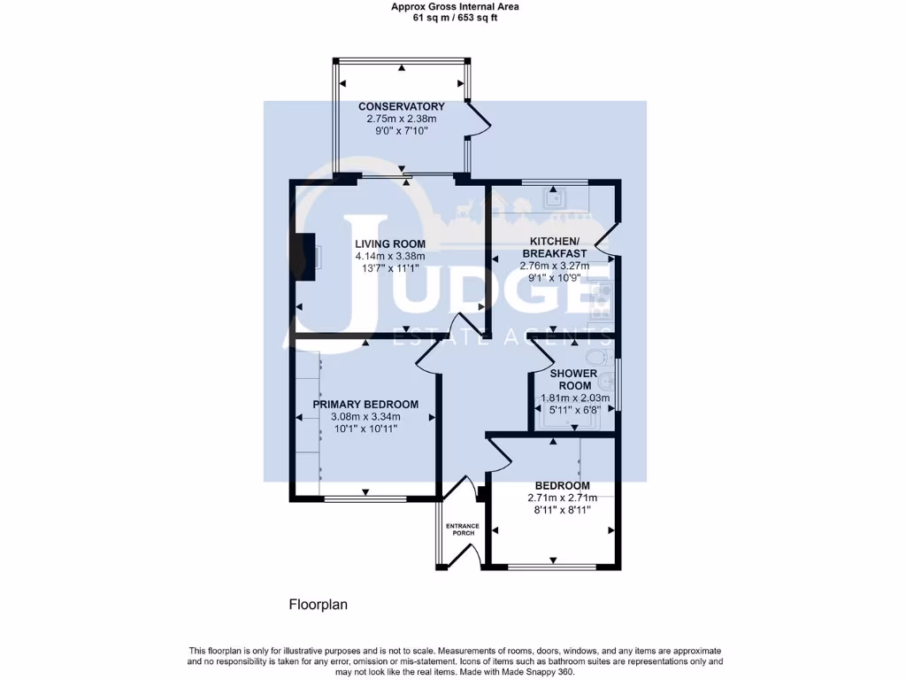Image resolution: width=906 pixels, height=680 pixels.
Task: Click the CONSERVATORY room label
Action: pos(401,106)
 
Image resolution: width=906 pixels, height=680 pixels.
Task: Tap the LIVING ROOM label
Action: pos(390,244)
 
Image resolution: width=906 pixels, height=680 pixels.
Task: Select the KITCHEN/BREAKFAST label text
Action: pos(554,248)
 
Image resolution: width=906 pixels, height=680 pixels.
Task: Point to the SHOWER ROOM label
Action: pos(574,379)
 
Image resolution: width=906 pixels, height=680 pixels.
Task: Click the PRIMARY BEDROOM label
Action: pos(365,404)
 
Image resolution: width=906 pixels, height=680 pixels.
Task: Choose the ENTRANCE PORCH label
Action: pos(463,529)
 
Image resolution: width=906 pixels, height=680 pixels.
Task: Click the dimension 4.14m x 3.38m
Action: pos(390,256)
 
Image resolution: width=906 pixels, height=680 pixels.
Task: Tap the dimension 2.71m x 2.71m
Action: pos(562,498)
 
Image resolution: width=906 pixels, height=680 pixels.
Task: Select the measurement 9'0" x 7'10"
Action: pos(401,131)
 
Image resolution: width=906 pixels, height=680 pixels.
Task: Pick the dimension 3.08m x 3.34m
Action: pos(365,416)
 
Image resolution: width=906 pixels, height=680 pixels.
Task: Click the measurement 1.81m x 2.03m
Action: pos(574,398)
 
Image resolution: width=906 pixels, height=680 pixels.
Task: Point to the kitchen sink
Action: pos(553,198)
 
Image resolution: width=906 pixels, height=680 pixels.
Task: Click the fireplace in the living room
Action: pos(306,257)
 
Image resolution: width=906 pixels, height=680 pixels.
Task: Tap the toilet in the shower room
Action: pos(599,355)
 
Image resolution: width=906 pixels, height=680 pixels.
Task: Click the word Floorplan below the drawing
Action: pos(318,605)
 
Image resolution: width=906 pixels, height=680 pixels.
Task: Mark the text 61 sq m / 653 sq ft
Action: pos(455,18)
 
